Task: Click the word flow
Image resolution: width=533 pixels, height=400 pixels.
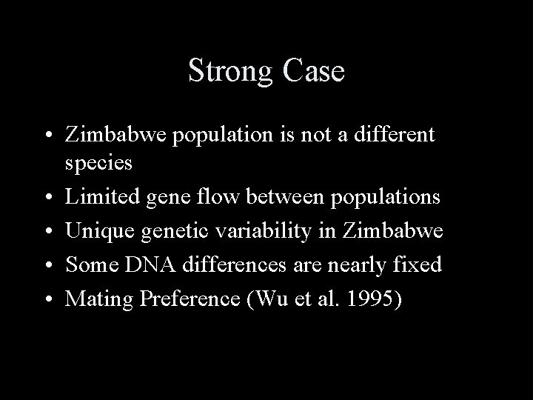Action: coord(218,196)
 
